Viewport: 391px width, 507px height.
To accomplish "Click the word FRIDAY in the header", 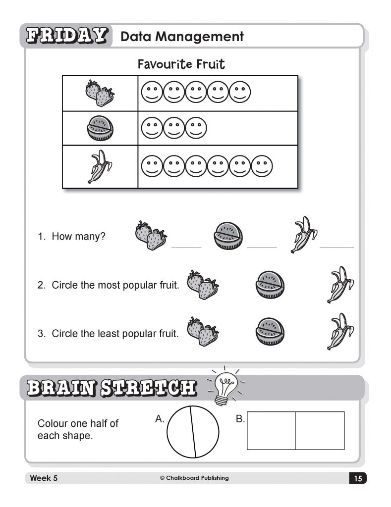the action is pos(66,36).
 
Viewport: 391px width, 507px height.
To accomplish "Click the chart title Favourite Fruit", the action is pos(181,64).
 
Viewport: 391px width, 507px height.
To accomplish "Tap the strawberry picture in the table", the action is pos(100,93).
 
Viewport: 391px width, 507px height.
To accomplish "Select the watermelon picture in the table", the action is pos(100,128).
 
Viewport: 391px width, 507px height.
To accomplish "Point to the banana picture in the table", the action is pos(100,166).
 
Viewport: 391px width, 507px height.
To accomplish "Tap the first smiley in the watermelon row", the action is pos(152,128).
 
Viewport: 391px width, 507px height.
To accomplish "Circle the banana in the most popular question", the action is pos(340,285).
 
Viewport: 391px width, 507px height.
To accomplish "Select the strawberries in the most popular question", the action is pos(202,285).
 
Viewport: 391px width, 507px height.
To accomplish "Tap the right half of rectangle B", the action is pos(320,430).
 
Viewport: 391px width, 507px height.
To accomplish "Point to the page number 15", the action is pos(358,478).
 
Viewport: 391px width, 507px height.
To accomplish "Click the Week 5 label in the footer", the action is pos(44,478).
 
